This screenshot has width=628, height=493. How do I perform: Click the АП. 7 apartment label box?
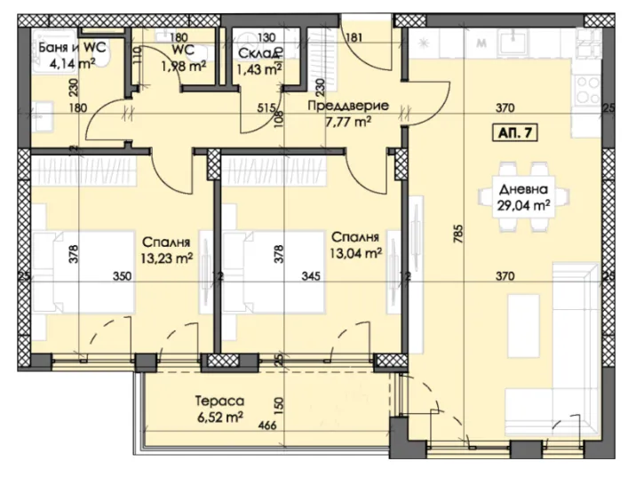(516, 134)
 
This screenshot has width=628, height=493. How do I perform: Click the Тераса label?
(220, 400)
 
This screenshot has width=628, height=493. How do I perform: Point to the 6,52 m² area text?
(220, 416)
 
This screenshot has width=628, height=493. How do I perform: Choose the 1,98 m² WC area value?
(184, 65)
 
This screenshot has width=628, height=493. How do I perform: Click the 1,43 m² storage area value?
(262, 67)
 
